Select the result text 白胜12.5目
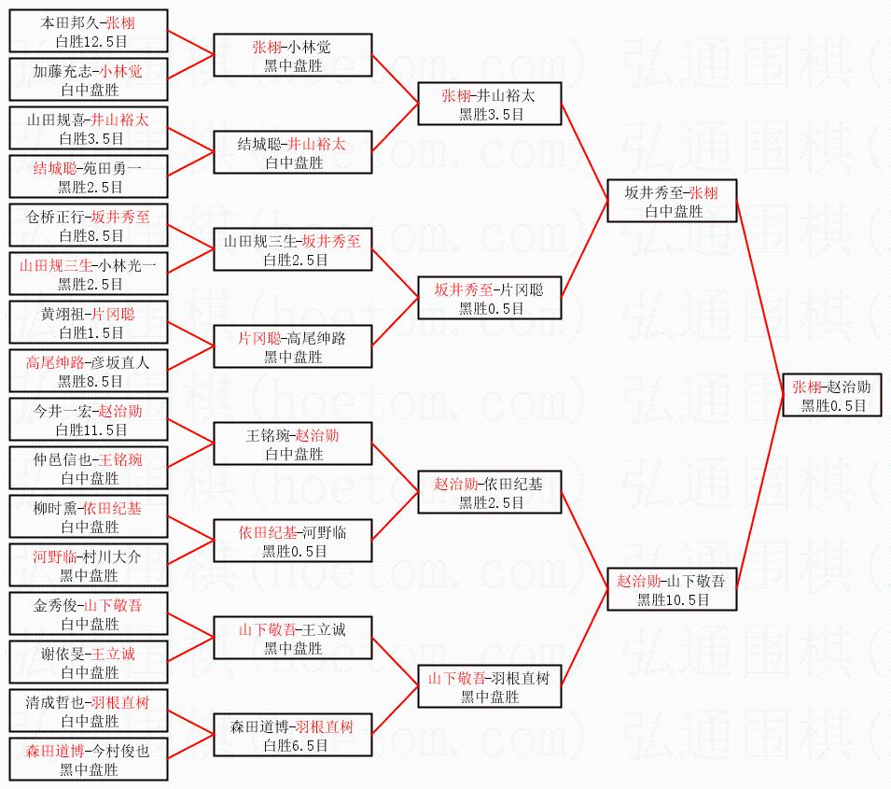(90, 40)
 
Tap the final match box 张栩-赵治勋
(832, 396)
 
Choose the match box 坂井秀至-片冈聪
(489, 299)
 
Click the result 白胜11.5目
(90, 430)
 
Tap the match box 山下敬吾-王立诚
(293, 637)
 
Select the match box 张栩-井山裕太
(489, 105)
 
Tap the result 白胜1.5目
(90, 332)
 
